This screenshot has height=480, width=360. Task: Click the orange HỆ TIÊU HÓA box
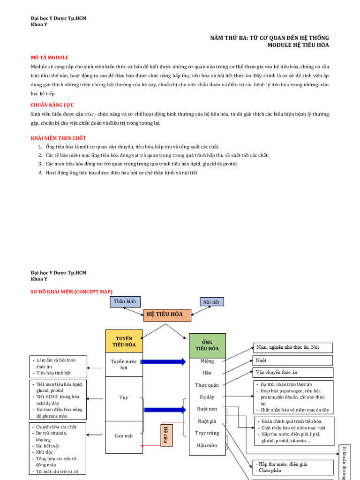(x=167, y=315)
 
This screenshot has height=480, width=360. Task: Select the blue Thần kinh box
(x=125, y=301)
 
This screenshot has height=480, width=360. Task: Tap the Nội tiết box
(x=212, y=302)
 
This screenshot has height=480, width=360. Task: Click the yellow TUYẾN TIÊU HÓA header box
(x=124, y=341)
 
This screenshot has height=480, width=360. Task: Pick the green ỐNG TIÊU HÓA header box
(x=207, y=345)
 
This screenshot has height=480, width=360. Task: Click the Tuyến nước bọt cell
(x=124, y=365)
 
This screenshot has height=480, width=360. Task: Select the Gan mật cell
(x=124, y=436)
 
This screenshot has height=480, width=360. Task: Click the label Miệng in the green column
(x=207, y=361)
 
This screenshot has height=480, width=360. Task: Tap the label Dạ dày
(x=207, y=397)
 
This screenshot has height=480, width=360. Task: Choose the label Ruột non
(x=207, y=409)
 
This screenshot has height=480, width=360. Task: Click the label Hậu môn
(x=207, y=445)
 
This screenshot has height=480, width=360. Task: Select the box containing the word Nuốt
(x=293, y=360)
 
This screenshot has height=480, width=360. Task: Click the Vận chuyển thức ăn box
(x=293, y=373)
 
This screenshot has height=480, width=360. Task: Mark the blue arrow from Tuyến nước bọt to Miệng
(x=164, y=361)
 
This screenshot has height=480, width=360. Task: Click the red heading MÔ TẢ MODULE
(x=50, y=57)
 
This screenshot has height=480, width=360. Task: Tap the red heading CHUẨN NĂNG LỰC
(x=52, y=105)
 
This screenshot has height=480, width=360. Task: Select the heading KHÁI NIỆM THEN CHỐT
(x=58, y=138)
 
